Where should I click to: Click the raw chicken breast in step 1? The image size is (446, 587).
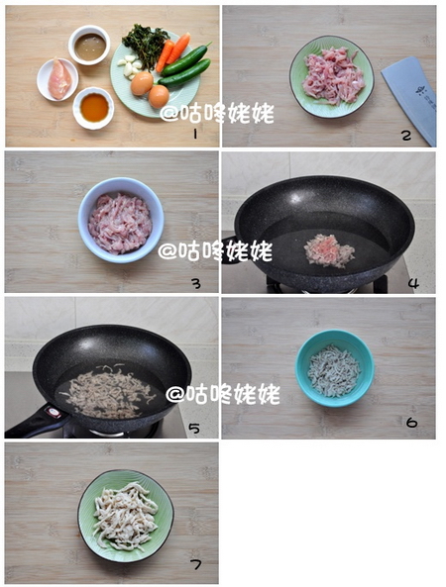pos(59,78)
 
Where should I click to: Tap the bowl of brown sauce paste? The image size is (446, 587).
pos(89,44)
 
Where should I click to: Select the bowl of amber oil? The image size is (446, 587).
pos(93,105)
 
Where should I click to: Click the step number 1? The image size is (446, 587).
pos(196,133)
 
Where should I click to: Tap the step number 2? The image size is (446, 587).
pos(406,135)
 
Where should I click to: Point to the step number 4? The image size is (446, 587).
pos(412,283)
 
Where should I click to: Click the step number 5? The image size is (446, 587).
pos(195,428)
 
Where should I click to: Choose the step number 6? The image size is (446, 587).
pos(411,423)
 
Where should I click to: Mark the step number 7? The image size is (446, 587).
pos(196,565)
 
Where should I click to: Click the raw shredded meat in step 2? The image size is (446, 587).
pos(332,76)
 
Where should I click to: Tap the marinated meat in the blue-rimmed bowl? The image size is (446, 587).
pos(120,222)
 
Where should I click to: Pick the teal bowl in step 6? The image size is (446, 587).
pos(335,369)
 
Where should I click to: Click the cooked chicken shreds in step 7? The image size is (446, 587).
pos(125,515)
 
